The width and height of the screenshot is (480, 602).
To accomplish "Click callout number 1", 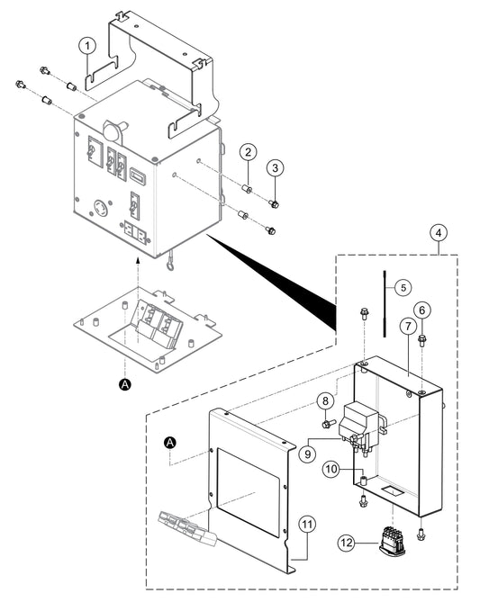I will coord(86,45).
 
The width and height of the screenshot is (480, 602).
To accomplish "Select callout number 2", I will coord(248,154).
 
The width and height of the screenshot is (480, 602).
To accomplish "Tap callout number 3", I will coord(277,168).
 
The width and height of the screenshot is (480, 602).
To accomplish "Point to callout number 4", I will coord(437,234).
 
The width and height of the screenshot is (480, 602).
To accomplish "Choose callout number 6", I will coord(422,309).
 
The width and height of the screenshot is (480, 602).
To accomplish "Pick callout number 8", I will coord(324,400).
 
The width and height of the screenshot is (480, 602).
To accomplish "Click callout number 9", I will coord(308,454).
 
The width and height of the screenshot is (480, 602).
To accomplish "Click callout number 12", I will coord(348,542).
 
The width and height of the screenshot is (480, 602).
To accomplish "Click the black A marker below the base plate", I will coord(125,384).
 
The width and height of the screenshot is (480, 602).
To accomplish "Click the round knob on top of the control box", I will coord(113,130).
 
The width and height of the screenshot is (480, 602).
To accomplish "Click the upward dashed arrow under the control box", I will coord(135,270).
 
